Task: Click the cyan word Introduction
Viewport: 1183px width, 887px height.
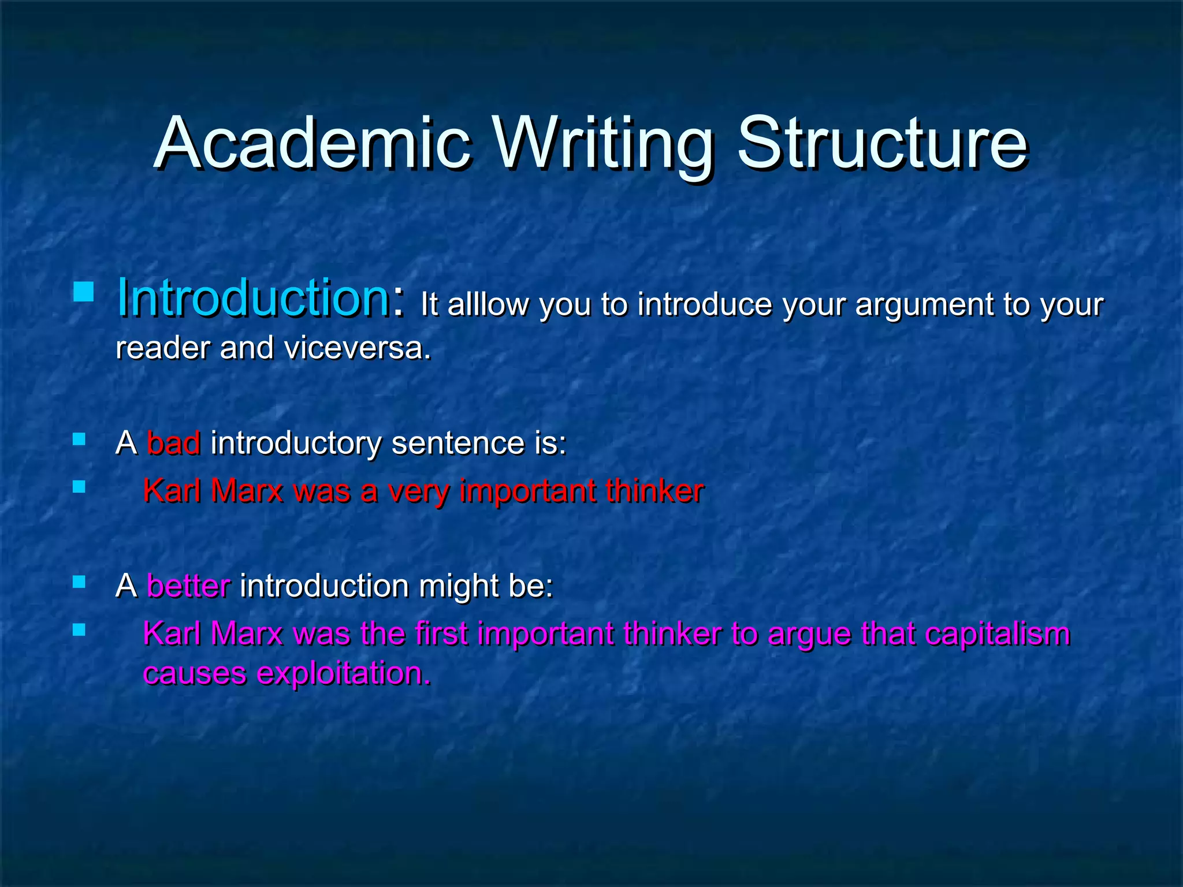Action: [253, 299]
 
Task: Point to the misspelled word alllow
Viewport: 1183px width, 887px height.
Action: [488, 304]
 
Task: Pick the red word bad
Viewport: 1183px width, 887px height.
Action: [174, 443]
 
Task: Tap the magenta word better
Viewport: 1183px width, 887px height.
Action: [188, 586]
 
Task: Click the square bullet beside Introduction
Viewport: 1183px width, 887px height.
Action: [84, 292]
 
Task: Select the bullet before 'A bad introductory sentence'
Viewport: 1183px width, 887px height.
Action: [79, 440]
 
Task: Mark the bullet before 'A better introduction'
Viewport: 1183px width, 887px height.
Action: [79, 582]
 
